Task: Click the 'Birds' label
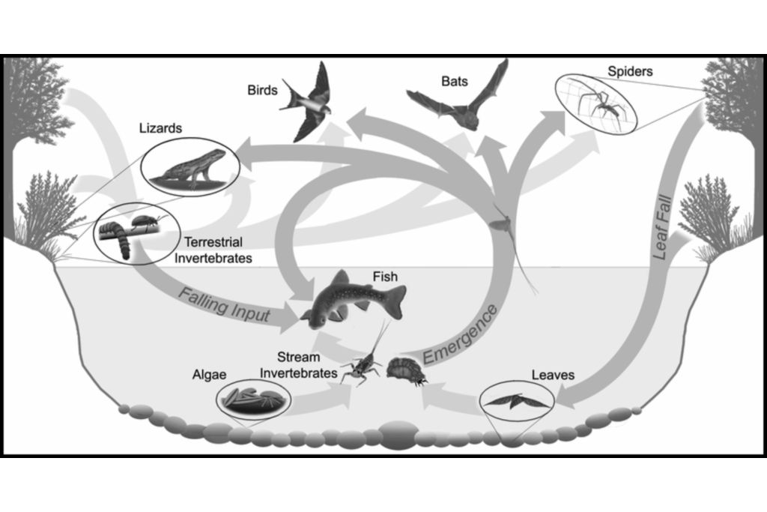pyautogui.click(x=262, y=90)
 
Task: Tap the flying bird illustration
pyautogui.click(x=308, y=102)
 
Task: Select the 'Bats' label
pyautogui.click(x=455, y=81)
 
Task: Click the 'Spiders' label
pyautogui.click(x=630, y=71)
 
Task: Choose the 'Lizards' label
pyautogui.click(x=160, y=128)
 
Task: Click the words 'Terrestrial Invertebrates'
pyautogui.click(x=213, y=250)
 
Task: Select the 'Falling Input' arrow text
pyautogui.click(x=224, y=304)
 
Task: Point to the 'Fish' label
pyautogui.click(x=385, y=277)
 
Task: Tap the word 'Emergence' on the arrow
pyautogui.click(x=460, y=334)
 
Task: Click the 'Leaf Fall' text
pyautogui.click(x=662, y=228)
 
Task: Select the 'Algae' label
pyautogui.click(x=210, y=375)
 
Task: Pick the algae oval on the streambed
pyautogui.click(x=253, y=400)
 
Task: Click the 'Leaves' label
pyautogui.click(x=553, y=375)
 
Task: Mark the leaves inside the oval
pyautogui.click(x=515, y=401)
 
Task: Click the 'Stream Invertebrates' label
pyautogui.click(x=298, y=365)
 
